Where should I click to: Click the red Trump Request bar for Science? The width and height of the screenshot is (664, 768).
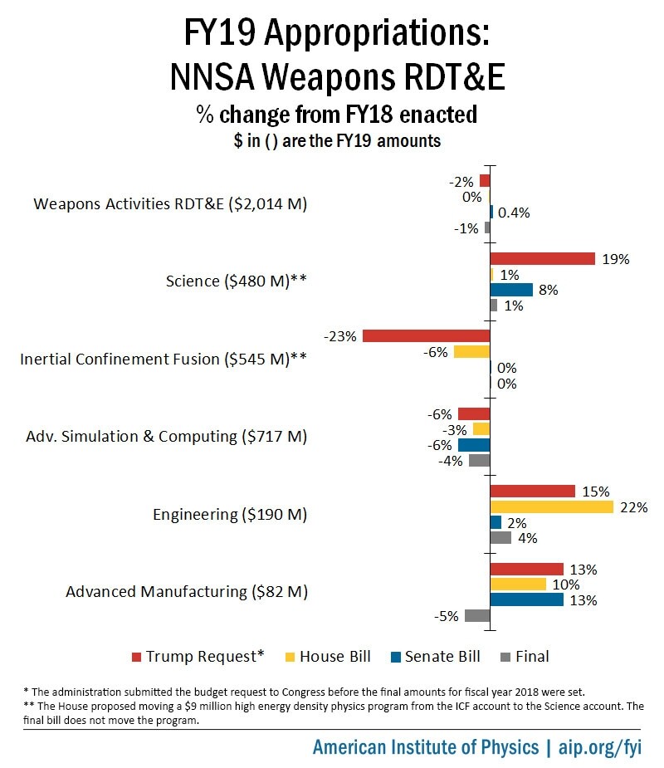coord(542,258)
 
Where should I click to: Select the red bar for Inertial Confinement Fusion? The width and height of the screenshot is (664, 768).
coord(426,336)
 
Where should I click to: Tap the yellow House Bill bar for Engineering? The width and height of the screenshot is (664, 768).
coord(551,506)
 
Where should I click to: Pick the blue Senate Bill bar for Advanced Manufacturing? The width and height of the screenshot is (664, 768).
coord(526,599)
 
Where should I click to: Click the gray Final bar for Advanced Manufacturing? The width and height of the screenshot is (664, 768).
coord(477,615)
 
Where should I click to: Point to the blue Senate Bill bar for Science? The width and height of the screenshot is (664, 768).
coord(511,290)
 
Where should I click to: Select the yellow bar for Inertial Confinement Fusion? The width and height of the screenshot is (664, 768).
coord(471,352)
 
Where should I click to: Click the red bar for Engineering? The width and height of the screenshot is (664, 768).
coord(532,491)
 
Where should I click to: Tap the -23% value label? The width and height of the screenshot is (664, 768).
coord(341,336)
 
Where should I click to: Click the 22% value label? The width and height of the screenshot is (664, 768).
coord(634,506)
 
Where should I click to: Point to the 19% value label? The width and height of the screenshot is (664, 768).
coord(617,258)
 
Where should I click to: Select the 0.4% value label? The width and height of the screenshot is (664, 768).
coord(514,212)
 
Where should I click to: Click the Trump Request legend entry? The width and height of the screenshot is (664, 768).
coord(198,656)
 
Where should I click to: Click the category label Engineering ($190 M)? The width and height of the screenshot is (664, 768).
coord(230,515)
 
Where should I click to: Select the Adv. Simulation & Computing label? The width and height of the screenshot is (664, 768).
coord(166,437)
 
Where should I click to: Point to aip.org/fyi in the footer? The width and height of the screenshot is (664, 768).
coord(606,746)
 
